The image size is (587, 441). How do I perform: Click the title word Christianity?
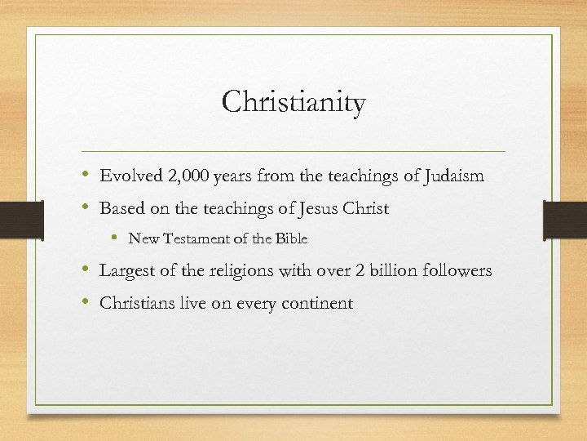point(293,104)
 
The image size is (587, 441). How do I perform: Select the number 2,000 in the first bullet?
point(186,176)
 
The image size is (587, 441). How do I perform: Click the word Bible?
point(291,239)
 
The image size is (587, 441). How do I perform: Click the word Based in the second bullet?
point(121,208)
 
